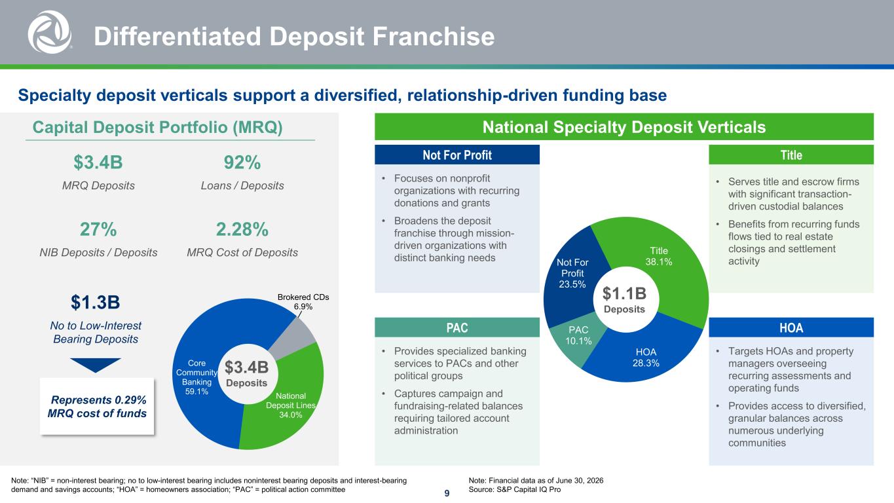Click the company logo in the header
[x=50, y=32]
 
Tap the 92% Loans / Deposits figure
[x=242, y=162]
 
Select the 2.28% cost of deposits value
[x=242, y=229]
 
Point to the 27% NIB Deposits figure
[x=98, y=229]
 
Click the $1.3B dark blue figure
[x=96, y=302]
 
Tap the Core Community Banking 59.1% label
[x=196, y=377]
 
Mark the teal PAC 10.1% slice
[x=577, y=339]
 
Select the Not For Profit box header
[x=457, y=155]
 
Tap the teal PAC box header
[x=457, y=327]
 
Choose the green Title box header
[x=791, y=155]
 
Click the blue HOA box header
[x=791, y=327]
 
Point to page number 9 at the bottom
[x=447, y=493]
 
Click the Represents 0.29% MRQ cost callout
[x=97, y=406]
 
